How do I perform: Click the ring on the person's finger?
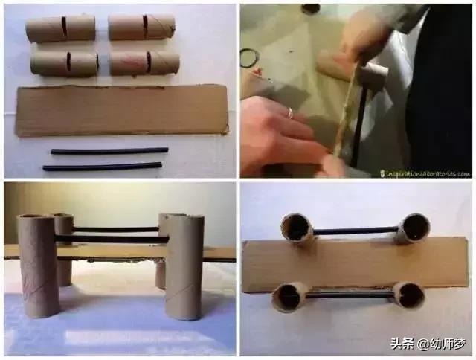click(291, 112)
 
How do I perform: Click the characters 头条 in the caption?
click(402, 344)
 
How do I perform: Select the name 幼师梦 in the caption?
click(447, 344)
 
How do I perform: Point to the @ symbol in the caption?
click(422, 344)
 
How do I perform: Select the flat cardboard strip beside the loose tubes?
click(122, 109)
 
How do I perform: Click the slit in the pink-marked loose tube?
click(148, 62)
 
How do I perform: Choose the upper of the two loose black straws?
click(109, 151)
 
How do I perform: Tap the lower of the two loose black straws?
click(102, 167)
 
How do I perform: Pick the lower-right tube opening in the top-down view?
click(408, 295)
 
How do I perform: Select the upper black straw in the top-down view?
click(355, 231)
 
